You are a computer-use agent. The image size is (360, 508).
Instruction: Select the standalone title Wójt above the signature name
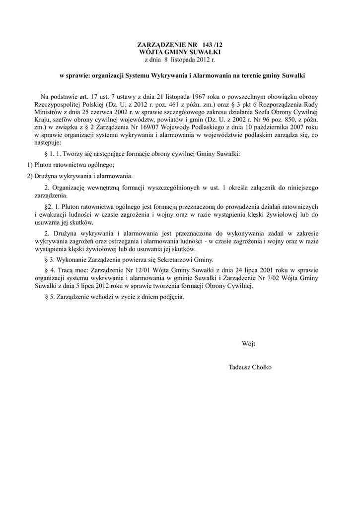[249, 344]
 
